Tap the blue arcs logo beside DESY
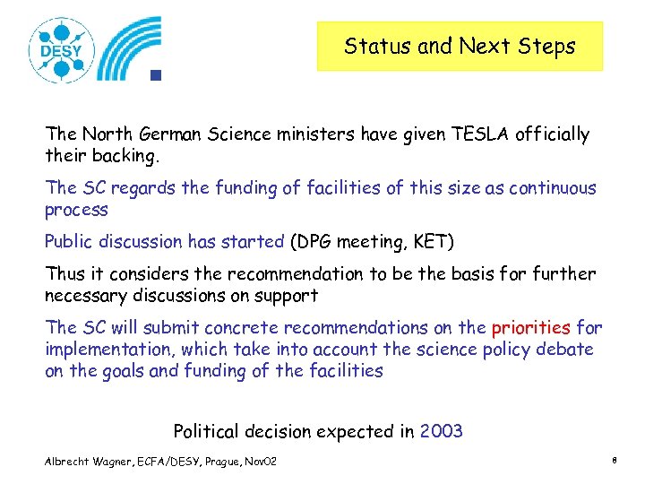[x=130, y=48]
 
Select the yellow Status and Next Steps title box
[x=460, y=47]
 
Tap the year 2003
[x=442, y=431]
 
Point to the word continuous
[x=547, y=188]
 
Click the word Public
[x=70, y=241]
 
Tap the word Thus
[x=64, y=274]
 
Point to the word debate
[x=563, y=350]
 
